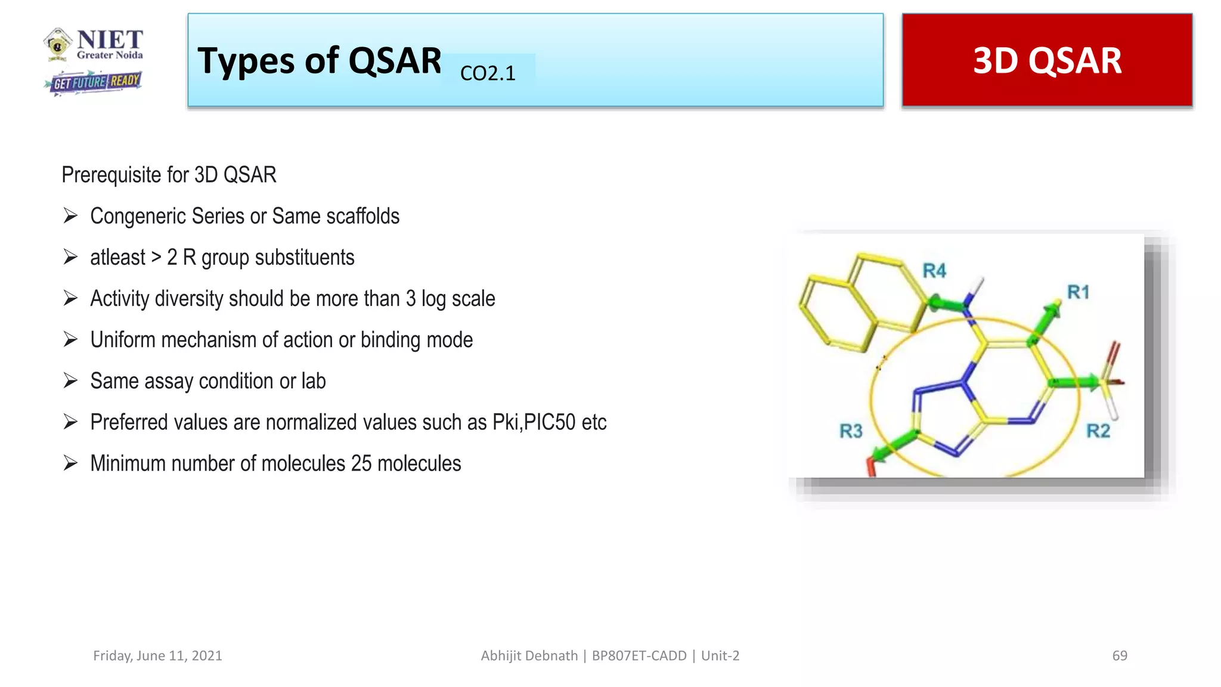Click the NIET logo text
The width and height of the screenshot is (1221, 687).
[110, 40]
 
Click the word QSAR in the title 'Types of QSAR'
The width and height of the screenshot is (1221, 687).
[395, 61]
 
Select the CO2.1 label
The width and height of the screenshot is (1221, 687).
[488, 73]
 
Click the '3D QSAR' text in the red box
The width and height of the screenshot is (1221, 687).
[1047, 61]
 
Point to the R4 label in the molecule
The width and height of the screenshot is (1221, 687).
[934, 271]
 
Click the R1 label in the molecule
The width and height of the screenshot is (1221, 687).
[1078, 292]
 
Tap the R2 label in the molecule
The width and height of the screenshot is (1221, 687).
[1098, 431]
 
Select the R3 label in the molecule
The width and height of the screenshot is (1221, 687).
[851, 431]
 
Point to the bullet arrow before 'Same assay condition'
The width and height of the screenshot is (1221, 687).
[71, 380]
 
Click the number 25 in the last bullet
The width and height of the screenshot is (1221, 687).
[361, 463]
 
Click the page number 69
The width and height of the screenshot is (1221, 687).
[1120, 655]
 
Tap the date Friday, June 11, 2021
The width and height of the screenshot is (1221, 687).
[157, 655]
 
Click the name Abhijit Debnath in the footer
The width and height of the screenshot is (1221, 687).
[529, 655]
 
